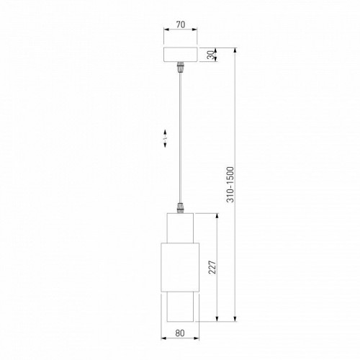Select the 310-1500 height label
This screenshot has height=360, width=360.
click(x=229, y=186)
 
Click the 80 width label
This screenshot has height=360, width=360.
click(x=180, y=333)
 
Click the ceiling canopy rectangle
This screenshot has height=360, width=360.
click(x=180, y=56)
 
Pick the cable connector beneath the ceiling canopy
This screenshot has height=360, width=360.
click(x=180, y=69)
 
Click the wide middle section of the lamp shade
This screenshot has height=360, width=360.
click(x=180, y=267)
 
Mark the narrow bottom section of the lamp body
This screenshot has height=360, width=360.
click(x=180, y=307)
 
